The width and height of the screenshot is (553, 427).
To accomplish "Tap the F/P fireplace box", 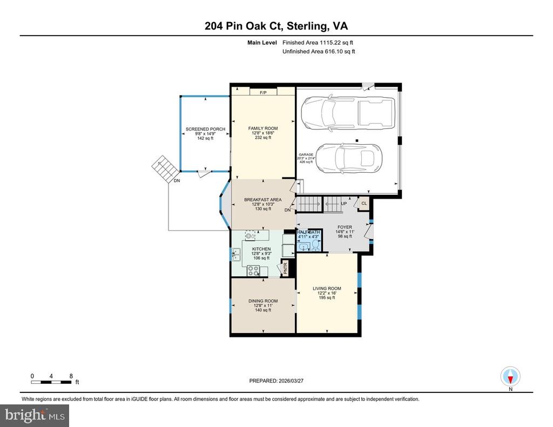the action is [x=263, y=92].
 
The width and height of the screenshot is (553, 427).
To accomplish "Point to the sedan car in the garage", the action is [x=348, y=159].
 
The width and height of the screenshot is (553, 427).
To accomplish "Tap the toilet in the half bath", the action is [x=315, y=245].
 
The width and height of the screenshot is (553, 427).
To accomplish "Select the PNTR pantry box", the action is [x=285, y=268].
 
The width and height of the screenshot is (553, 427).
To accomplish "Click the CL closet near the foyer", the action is [x=364, y=204].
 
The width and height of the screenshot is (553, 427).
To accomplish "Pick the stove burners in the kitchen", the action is [x=253, y=270].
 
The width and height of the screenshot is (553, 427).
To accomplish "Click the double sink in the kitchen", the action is [x=236, y=254].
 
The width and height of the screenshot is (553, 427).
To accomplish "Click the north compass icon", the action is [x=510, y=377].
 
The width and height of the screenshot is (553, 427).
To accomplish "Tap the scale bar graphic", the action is [x=51, y=382].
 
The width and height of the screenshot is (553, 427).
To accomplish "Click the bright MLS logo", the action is [x=35, y=415].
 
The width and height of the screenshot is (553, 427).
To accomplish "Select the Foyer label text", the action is [x=345, y=227].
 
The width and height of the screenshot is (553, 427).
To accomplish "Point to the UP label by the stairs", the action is [x=344, y=204].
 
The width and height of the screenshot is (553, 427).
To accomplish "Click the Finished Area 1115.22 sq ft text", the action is [x=318, y=43].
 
